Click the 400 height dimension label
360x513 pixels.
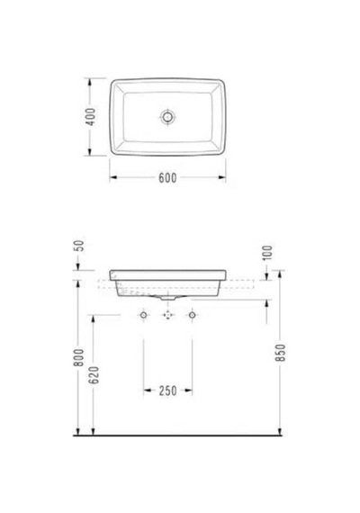coord(90,117)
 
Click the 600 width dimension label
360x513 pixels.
coord(167,178)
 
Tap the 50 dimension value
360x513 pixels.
coord(80,246)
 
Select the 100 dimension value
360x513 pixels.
coord(267,253)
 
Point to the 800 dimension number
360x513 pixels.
coord(79,357)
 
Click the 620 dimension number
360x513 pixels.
coord(94,375)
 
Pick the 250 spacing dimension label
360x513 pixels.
coord(168,391)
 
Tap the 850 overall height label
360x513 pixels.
coord(281,353)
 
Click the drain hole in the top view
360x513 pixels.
coord(167,116)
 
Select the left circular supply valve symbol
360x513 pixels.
coord(143,315)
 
